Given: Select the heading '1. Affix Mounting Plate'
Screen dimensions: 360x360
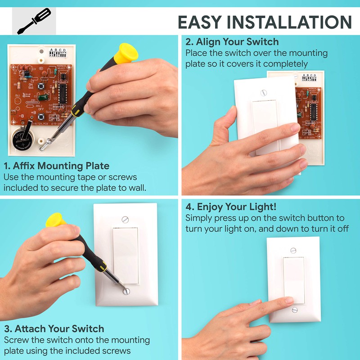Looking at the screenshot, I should coord(56,166).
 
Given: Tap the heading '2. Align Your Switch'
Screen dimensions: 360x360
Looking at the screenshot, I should coord(232,42).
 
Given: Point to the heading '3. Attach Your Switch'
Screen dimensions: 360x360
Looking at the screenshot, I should coord(54,328).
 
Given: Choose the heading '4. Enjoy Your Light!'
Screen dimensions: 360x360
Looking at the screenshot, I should coord(231,207).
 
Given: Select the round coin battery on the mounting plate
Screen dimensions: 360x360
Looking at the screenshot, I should coord(22,137).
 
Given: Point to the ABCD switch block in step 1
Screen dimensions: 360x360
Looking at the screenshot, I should coord(58,53).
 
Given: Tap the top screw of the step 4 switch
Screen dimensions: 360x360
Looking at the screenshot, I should coord(293,250).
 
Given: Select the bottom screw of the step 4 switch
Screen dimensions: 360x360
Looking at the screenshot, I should coord(294,310).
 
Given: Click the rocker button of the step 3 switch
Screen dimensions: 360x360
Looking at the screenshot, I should coord(126,255).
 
